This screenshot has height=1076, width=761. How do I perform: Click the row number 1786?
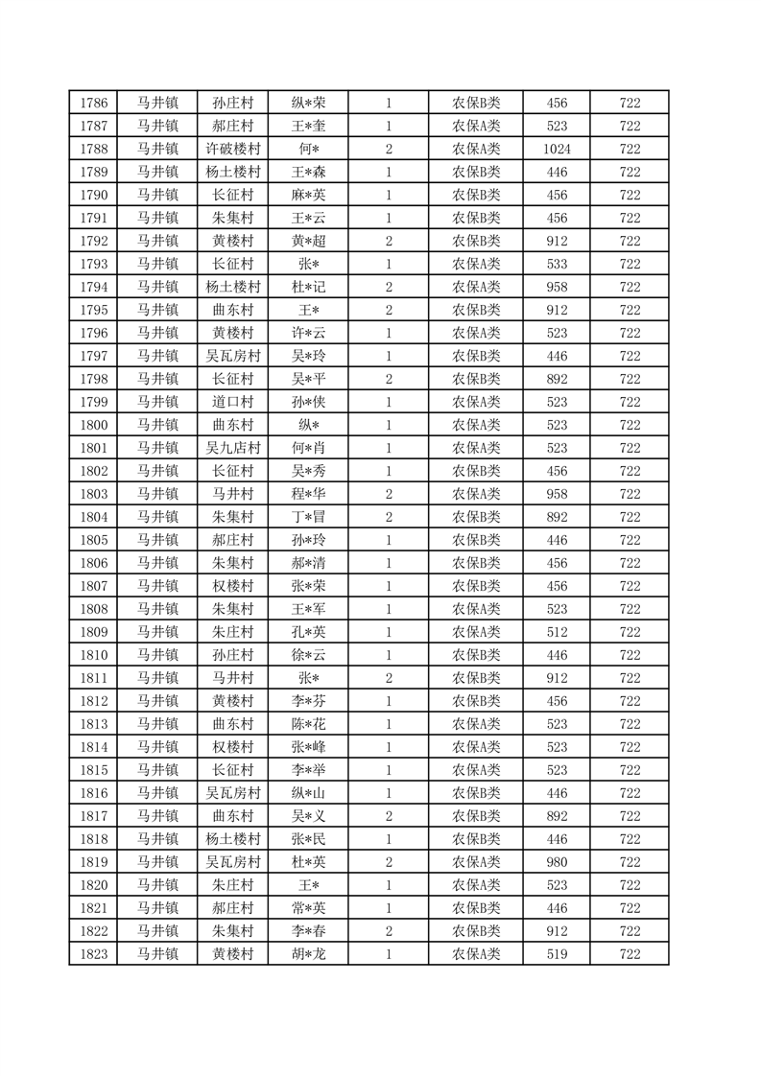[x=93, y=103]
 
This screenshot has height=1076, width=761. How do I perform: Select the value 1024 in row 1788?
[x=557, y=149]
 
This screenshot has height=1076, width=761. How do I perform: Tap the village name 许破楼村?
[x=232, y=149]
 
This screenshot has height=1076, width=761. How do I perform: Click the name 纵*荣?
[x=309, y=103]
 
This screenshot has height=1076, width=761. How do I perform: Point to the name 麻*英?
[x=309, y=195]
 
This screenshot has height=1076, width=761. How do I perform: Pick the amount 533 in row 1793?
[x=557, y=264]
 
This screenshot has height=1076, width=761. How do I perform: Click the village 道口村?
[x=232, y=402]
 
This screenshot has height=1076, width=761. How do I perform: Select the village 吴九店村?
[x=232, y=448]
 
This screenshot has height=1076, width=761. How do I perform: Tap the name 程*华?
[x=309, y=494]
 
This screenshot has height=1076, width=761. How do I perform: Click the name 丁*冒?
[x=309, y=517]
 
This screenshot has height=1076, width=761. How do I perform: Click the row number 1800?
[x=93, y=425]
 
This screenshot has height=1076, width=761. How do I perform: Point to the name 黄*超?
[x=309, y=241]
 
